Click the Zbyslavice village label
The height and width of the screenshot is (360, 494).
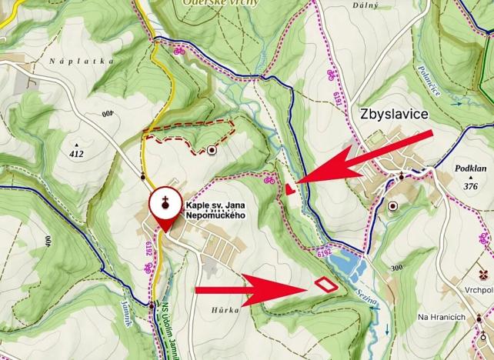pos(393,115)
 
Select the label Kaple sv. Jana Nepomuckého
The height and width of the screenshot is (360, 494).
pos(215,210)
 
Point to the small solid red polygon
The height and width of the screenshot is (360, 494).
pos(289,188)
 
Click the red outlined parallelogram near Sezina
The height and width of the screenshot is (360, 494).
pos(325,284)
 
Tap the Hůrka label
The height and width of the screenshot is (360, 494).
pos(229,309)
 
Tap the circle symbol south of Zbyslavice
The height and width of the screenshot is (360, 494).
pos(394,206)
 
